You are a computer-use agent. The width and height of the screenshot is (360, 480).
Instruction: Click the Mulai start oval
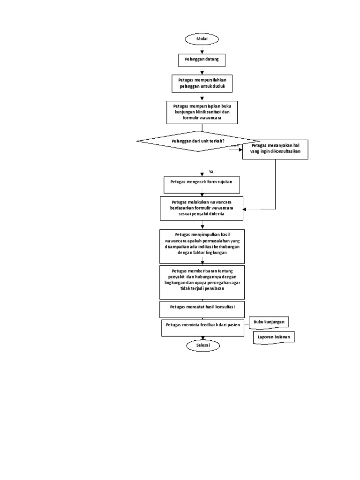click(202, 39)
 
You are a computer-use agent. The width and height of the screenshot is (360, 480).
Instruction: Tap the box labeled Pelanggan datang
click(202, 60)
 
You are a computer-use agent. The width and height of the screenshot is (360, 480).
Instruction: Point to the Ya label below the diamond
click(211, 172)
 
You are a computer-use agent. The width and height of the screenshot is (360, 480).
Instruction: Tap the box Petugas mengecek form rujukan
click(202, 184)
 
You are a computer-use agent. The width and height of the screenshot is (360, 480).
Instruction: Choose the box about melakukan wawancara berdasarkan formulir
click(202, 208)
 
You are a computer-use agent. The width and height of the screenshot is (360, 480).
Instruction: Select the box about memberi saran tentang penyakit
click(202, 282)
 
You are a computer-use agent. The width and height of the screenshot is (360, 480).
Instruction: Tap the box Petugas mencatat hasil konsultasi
click(202, 309)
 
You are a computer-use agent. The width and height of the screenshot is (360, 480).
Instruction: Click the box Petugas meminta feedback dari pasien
click(203, 328)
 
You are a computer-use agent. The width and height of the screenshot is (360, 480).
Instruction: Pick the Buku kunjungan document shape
click(269, 322)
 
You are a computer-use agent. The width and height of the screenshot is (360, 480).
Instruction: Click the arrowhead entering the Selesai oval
click(202, 338)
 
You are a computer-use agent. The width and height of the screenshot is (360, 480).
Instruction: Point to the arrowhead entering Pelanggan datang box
click(202, 52)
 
